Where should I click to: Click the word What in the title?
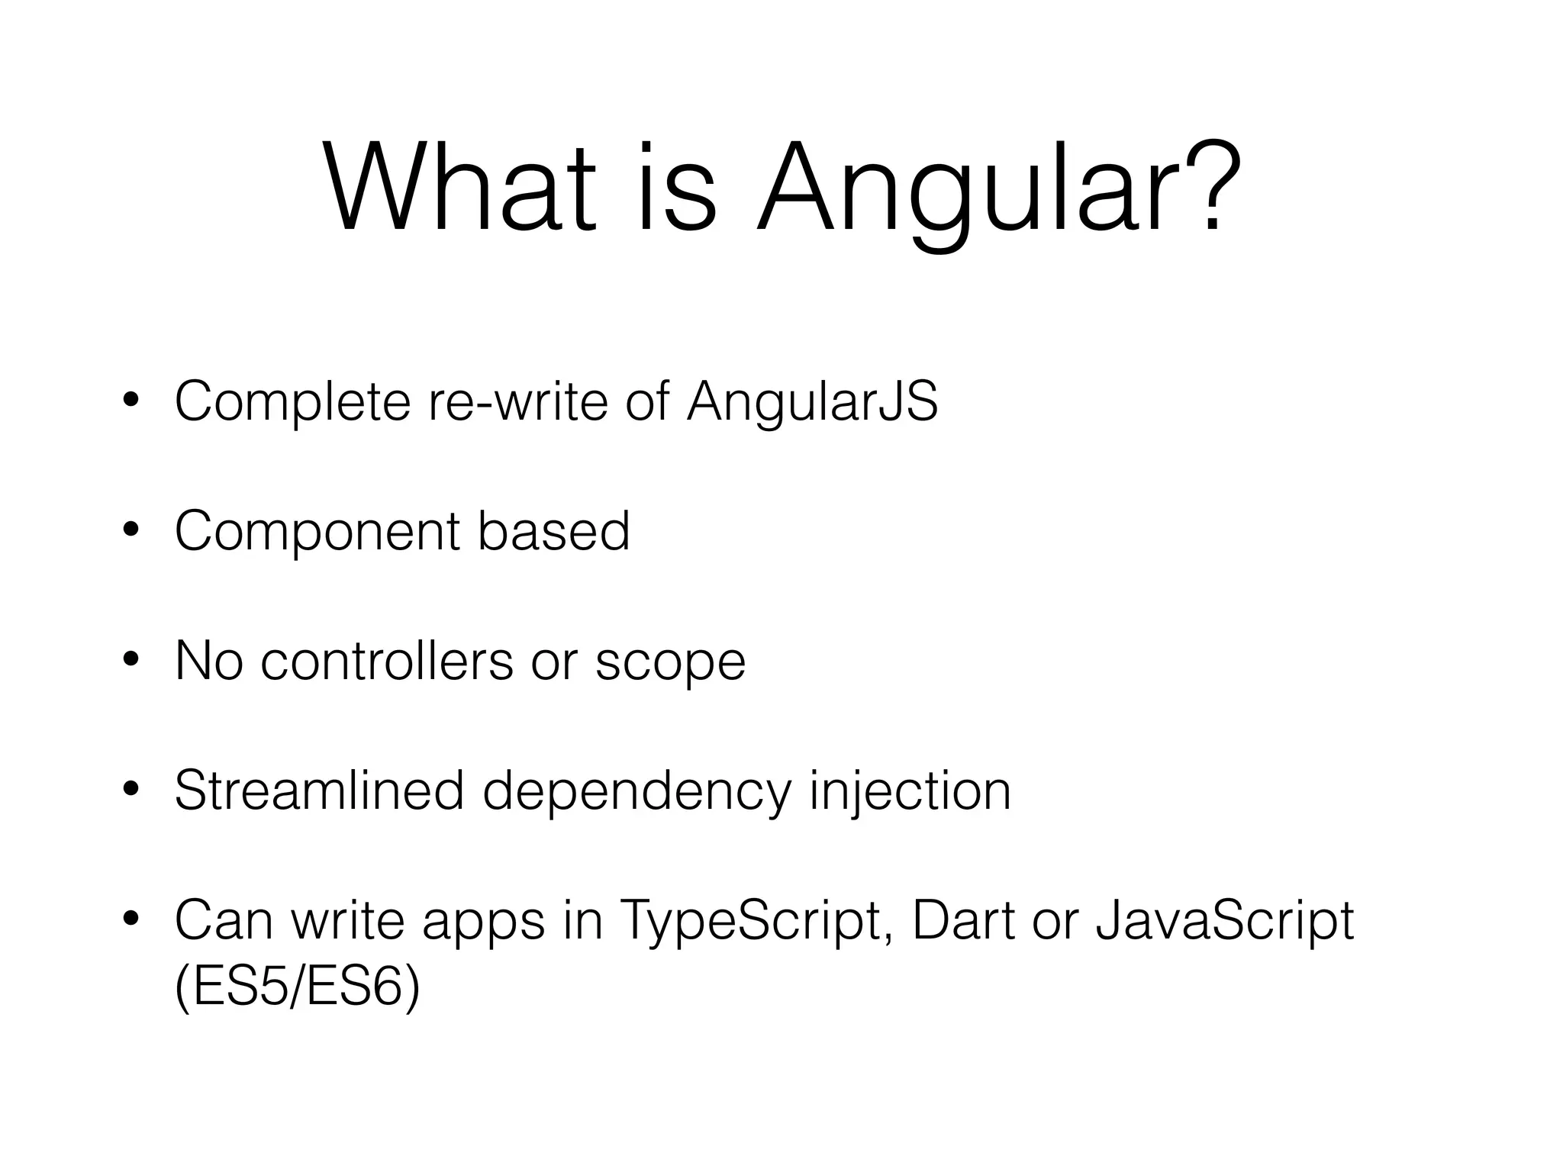point(458,187)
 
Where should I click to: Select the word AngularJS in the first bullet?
point(811,402)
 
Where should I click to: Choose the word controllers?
point(387,661)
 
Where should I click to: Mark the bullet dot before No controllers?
point(131,660)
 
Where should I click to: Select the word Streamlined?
point(319,790)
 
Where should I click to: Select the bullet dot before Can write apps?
point(131,920)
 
